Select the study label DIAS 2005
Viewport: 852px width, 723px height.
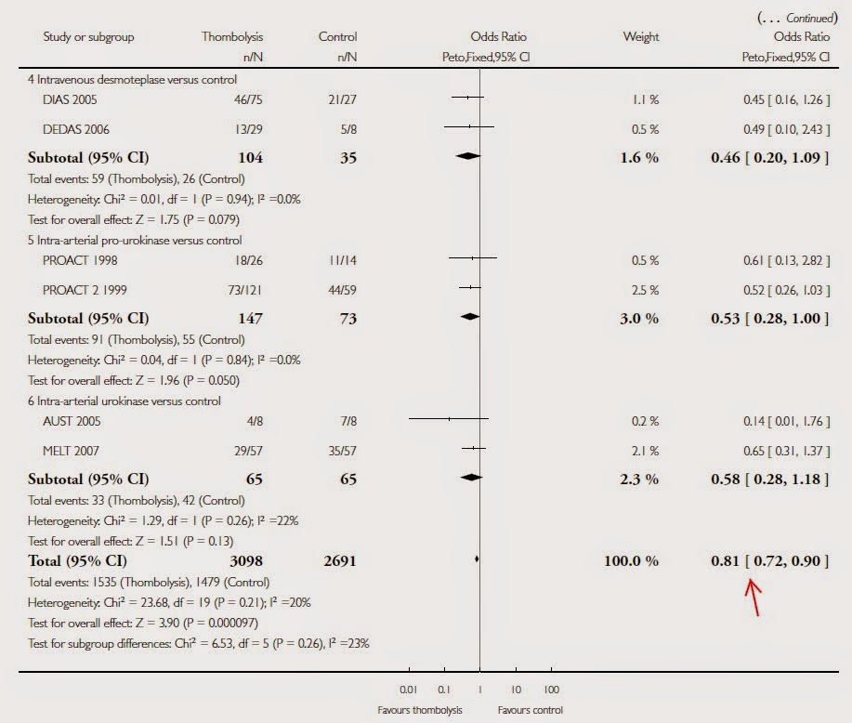pos(70,98)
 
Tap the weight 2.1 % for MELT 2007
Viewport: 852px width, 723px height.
pos(645,451)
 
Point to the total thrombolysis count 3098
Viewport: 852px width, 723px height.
pos(243,560)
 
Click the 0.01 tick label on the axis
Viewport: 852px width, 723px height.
pos(409,690)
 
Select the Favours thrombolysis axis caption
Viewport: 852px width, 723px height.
pos(419,710)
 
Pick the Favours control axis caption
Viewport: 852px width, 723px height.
pos(530,710)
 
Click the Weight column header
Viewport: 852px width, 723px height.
pos(641,37)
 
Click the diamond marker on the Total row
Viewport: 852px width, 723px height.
pos(477,559)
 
